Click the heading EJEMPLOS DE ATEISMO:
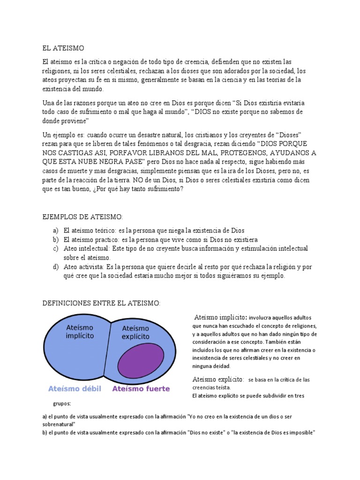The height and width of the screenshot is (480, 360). [x=82, y=217]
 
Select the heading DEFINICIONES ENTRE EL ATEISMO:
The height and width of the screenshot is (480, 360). [x=101, y=304]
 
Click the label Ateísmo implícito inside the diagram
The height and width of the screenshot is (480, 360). [x=80, y=331]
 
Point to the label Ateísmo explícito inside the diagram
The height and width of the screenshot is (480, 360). [x=135, y=332]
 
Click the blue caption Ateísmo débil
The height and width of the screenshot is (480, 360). [x=75, y=389]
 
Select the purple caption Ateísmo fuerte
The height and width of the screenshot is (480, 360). [x=141, y=389]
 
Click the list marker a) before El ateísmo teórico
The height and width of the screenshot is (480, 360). [x=56, y=231]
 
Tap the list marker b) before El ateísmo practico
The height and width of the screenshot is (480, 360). [x=56, y=240]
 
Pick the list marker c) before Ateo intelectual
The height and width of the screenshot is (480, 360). [x=56, y=248]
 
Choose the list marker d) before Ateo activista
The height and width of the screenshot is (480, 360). [x=56, y=267]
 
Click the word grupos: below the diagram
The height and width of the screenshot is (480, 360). [x=62, y=403]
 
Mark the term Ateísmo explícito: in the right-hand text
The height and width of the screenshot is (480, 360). [x=218, y=379]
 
